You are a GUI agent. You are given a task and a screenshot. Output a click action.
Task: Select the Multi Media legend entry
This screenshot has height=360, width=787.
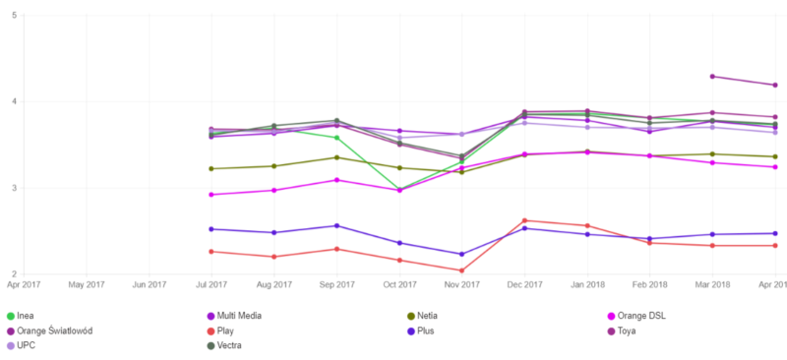[239, 315]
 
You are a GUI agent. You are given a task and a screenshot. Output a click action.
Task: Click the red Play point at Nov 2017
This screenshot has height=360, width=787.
[461, 270]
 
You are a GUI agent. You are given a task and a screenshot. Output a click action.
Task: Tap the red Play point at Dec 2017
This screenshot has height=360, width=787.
[524, 220]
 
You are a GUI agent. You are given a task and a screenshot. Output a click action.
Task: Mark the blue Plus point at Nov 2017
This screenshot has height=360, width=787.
[461, 254]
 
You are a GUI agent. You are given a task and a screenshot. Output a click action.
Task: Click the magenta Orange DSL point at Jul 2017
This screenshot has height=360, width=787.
[212, 195]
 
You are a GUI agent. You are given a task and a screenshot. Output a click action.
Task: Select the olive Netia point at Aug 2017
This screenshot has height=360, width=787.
[273, 166]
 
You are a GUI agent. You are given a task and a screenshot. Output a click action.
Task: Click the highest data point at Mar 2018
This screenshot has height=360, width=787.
[712, 77]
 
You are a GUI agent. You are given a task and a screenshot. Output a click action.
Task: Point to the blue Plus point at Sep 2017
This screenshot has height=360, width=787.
[336, 225]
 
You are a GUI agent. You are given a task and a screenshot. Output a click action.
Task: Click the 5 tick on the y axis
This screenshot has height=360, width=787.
[12, 16]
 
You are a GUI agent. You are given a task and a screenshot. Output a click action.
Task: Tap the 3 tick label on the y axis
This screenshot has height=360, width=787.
[12, 188]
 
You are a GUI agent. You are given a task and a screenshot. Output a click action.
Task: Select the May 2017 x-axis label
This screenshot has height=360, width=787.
[87, 285]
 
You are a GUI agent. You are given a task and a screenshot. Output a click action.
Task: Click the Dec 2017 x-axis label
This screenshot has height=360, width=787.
[524, 285]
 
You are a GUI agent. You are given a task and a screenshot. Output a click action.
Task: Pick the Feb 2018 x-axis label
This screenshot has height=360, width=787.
[649, 285]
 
